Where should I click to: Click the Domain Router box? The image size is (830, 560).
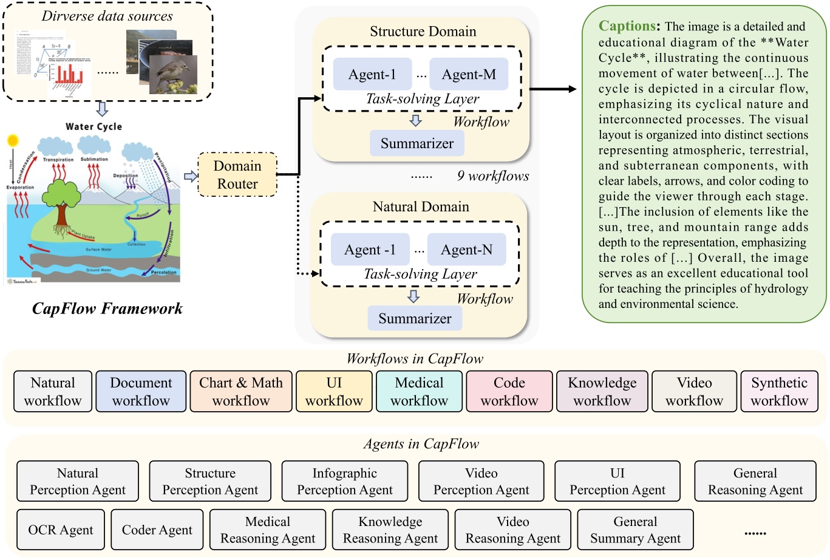coord(237,175)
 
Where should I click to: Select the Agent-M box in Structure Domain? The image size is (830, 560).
coord(468,75)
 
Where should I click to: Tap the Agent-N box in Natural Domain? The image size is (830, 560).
coord(466,250)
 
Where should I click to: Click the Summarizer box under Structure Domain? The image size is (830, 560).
coord(417,143)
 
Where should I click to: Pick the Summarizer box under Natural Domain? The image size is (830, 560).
coord(415,318)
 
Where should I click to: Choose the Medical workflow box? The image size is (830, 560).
coord(419,392)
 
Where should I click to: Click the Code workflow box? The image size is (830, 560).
coord(509,392)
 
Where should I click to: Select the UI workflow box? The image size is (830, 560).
coord(334,392)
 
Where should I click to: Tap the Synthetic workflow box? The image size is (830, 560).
coord(779,392)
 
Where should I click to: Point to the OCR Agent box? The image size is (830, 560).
coord(61,530)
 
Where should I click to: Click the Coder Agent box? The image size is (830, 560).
coord(157,530)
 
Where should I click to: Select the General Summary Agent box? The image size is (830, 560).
coord(635,530)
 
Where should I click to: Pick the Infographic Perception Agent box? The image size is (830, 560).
coord(344,481)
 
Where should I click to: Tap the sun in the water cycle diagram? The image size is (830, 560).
coord(13,142)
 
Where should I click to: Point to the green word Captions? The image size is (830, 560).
coord(627,26)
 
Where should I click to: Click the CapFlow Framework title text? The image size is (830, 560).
coord(107,309)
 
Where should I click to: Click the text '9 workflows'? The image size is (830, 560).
coord(492,176)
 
